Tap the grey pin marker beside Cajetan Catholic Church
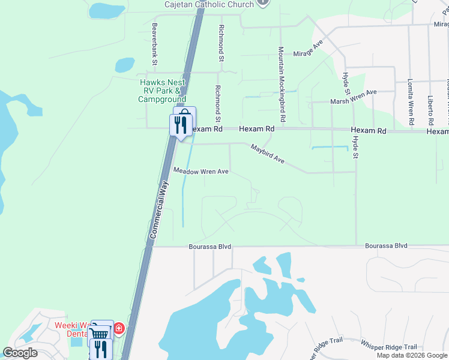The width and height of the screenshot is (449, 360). click(x=262, y=2)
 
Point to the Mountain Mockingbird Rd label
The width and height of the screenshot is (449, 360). click(x=280, y=77)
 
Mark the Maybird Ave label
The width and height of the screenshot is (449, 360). click(x=267, y=154)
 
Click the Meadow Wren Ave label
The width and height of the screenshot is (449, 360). click(x=201, y=172)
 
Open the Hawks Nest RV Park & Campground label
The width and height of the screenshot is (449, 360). click(x=162, y=91)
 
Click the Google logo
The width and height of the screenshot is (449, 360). click(x=20, y=353)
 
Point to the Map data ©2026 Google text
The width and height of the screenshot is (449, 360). click(x=412, y=355)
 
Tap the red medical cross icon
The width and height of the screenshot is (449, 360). click(x=119, y=329)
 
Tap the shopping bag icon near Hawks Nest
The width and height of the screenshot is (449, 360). click(x=185, y=115)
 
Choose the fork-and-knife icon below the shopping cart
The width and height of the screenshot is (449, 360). click(x=101, y=349)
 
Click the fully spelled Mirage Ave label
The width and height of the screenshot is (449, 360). click(x=308, y=54)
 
